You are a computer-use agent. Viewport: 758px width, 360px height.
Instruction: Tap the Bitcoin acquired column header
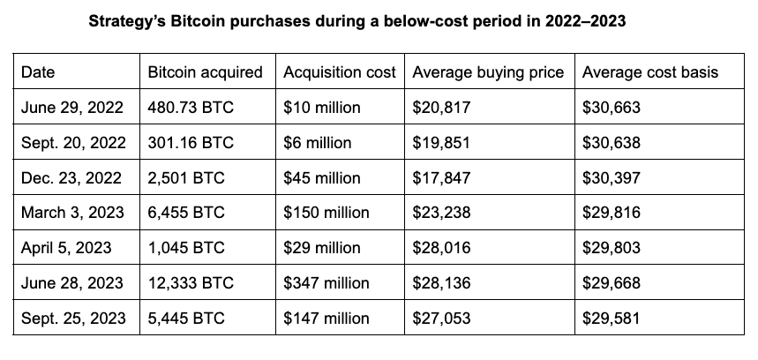[206, 72]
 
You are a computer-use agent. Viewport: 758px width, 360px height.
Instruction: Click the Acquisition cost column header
[340, 72]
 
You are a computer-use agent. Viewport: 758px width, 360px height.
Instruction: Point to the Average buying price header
[488, 72]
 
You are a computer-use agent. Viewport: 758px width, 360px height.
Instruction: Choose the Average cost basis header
[650, 72]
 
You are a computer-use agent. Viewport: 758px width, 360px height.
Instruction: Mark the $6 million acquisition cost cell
[317, 143]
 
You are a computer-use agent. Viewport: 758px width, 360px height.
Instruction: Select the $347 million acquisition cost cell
[326, 283]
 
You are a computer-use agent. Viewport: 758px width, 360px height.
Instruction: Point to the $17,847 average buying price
[442, 177]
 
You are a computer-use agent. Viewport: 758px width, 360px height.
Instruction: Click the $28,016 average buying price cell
[442, 248]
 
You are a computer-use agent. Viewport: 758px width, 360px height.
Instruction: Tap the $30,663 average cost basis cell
[612, 108]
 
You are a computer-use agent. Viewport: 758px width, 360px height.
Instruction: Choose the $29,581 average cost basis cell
[612, 319]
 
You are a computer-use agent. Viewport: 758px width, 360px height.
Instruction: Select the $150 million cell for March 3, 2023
[326, 213]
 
